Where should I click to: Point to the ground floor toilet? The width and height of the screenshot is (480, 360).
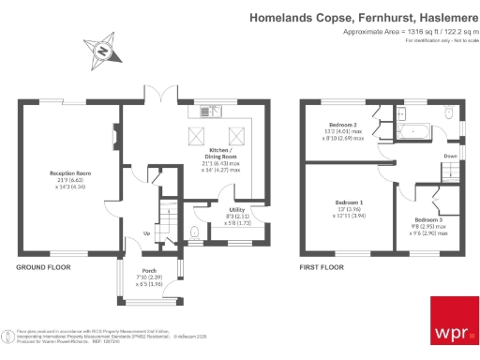coord(193,232)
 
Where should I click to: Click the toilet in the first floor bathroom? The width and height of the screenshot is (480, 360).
coord(450,113)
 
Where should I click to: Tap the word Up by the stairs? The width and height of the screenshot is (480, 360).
coord(146,233)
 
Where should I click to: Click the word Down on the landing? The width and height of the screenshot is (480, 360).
coord(450,156)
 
